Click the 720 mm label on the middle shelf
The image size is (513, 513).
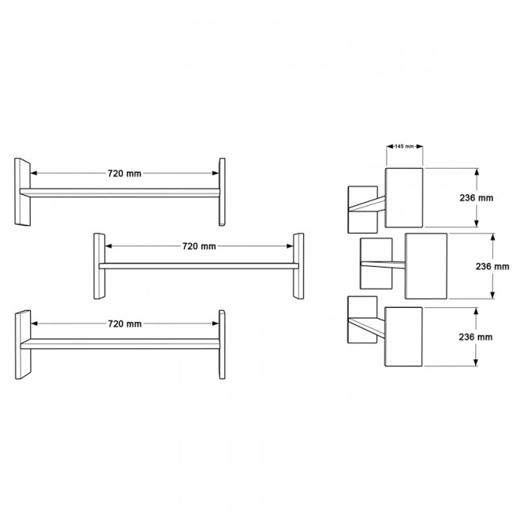198,246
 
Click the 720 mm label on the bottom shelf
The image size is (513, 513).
124,324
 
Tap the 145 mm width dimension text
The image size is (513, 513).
404,147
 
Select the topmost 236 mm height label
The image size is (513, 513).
477,198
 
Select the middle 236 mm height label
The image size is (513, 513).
493,267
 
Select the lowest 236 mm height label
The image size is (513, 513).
477,336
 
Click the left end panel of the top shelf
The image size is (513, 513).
22,192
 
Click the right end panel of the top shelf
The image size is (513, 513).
222,192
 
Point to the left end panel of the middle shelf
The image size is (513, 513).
99,266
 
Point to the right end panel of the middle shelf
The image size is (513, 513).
298,266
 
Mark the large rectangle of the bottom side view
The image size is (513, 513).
404,338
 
